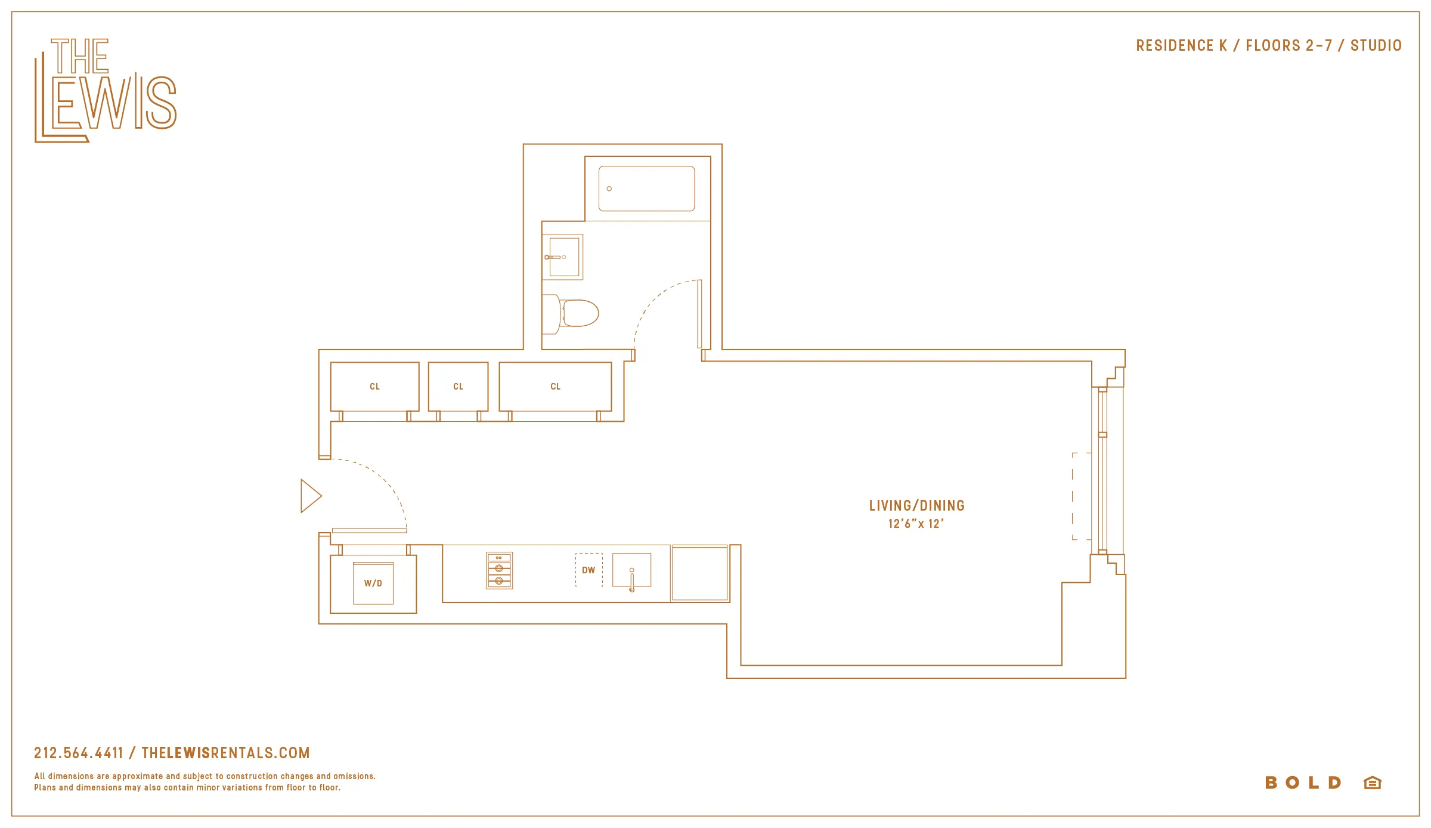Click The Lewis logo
105,91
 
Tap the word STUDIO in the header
1376,46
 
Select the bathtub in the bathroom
646,189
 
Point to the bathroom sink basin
564,257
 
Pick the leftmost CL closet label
374,387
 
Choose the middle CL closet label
458,387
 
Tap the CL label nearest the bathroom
555,387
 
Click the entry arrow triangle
310,496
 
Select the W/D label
373,583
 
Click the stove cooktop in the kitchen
499,571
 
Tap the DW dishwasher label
588,570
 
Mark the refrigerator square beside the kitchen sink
699,573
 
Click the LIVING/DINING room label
916,506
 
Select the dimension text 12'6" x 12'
916,524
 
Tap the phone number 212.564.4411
78,753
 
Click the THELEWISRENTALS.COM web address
225,753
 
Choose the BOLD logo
1303,783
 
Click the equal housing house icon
1372,783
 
